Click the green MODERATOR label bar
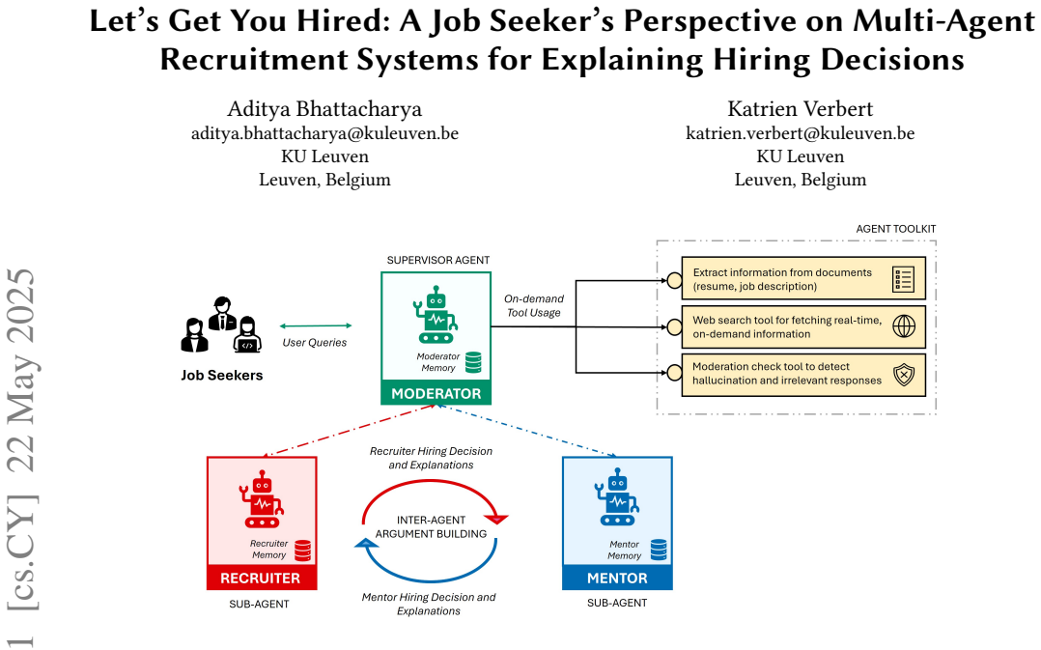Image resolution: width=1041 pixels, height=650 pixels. point(436,393)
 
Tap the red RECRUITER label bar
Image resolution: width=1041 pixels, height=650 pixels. point(262,578)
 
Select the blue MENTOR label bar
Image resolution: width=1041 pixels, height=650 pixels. point(617,578)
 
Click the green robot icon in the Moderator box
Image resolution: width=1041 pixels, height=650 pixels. point(436,315)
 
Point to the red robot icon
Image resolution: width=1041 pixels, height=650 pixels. point(262,499)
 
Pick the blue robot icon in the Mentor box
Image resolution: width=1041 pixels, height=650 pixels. point(617,496)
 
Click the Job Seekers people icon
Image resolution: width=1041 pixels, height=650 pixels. point(221,325)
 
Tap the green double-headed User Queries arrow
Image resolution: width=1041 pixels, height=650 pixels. point(316,326)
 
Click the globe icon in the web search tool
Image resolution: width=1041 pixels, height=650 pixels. point(904,326)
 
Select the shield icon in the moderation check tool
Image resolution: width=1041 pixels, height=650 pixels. point(904,375)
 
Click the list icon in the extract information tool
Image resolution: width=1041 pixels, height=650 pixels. point(904,279)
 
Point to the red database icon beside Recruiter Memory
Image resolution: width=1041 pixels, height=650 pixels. point(303,551)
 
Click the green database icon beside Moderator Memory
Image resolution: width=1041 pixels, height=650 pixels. point(473,362)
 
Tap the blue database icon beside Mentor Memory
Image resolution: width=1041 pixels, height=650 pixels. point(659,550)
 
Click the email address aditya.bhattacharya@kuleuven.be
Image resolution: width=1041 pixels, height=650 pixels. point(324,133)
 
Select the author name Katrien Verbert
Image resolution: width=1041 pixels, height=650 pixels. point(800,108)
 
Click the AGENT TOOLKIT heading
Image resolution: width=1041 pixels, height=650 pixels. point(895,229)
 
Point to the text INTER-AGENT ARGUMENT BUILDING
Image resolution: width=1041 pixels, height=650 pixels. point(431,526)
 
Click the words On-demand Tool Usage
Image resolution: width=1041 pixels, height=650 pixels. point(534,305)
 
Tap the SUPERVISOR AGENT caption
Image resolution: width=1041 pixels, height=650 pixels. point(438,260)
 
